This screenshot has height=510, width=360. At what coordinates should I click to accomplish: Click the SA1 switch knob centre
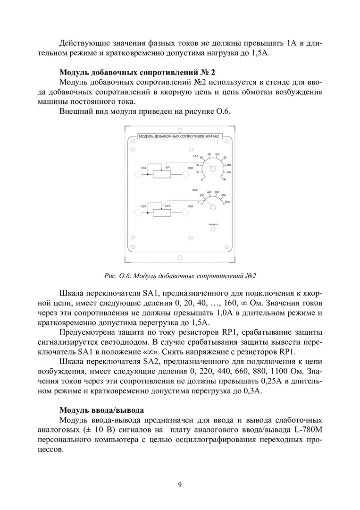coord(213,169)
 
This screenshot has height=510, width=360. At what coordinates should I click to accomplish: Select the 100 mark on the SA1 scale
coord(217,154)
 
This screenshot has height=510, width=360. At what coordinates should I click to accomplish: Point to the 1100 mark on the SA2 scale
coord(227,202)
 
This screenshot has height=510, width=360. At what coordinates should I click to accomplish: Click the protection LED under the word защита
coord(212,229)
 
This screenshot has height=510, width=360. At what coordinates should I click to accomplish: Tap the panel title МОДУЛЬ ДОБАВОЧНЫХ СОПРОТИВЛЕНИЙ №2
coord(180,136)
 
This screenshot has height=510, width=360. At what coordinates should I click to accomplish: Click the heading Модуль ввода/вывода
coord(101,409)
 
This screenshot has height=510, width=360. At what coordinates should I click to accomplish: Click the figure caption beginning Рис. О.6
coord(180,275)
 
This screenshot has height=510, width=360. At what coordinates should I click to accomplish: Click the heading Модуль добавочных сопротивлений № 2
coord(137,73)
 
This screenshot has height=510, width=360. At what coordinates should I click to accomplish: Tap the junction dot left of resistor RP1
coord(148,175)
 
